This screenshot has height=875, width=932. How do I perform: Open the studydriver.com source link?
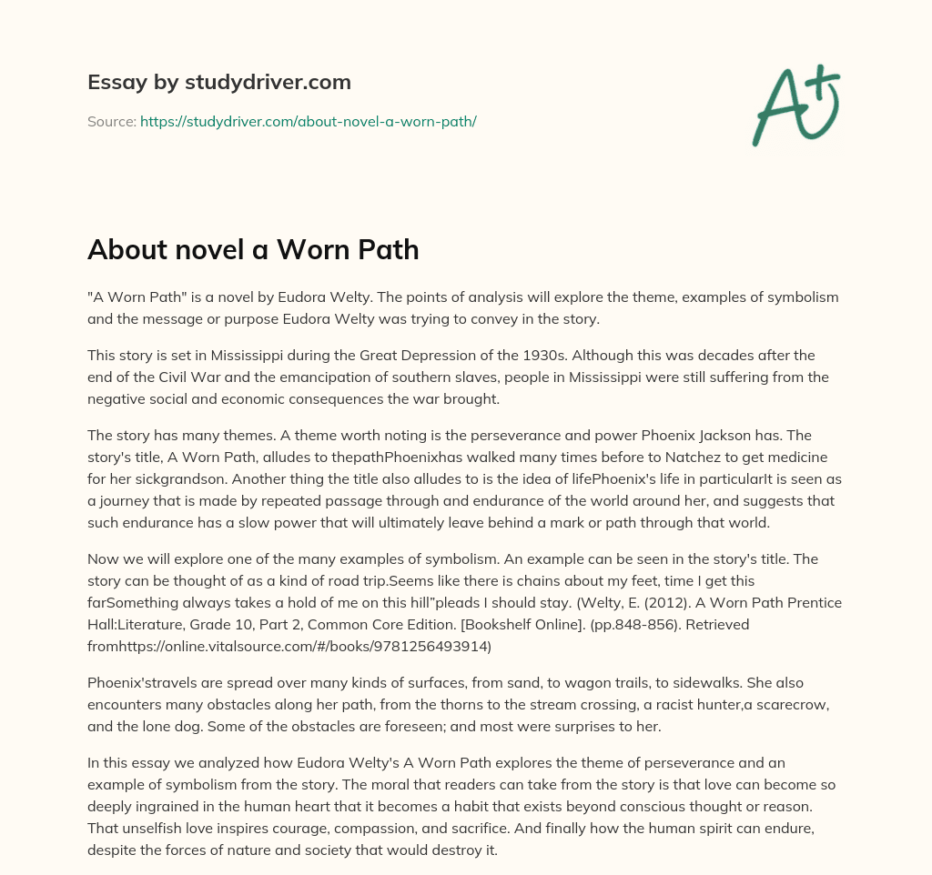click(x=308, y=121)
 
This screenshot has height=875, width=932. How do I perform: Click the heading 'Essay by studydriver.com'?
click(x=218, y=82)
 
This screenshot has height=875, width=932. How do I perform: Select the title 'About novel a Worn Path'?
click(x=253, y=250)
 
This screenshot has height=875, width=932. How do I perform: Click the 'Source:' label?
click(x=111, y=121)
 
